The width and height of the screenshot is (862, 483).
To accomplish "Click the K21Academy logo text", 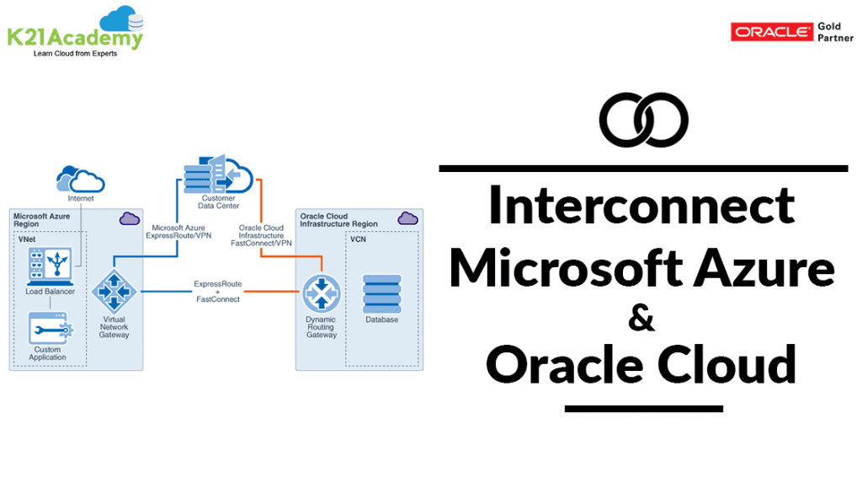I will click(75, 37).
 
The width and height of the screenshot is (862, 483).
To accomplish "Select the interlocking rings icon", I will click(643, 119).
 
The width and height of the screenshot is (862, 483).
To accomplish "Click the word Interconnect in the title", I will click(641, 205).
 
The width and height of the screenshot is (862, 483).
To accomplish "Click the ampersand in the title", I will click(641, 318).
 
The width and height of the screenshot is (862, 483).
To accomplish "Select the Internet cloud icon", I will click(80, 179).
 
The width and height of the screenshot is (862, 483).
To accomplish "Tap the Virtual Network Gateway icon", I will click(114, 291).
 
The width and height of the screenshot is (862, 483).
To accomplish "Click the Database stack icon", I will click(381, 293).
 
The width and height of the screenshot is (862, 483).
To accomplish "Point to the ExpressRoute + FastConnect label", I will click(217, 292).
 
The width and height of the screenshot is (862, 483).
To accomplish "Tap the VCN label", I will click(359, 240).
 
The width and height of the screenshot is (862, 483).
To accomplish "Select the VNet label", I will click(28, 240).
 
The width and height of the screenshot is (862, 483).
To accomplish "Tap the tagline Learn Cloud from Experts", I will click(75, 54).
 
